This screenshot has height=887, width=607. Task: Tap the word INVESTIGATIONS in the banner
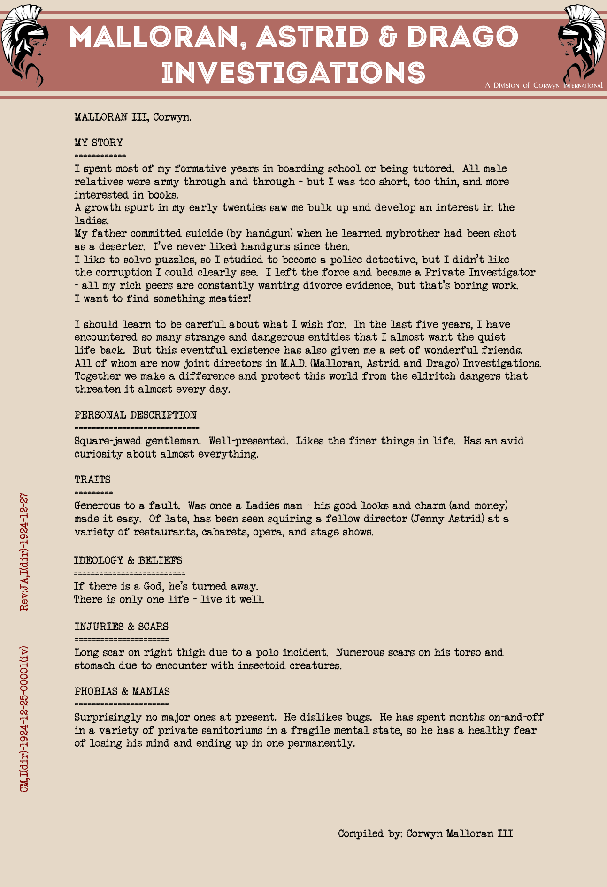coord(293,73)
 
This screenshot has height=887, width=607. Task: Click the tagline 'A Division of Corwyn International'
coord(544,85)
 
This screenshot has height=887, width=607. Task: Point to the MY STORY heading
coord(99,143)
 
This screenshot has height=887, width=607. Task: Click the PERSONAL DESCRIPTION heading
coord(135,415)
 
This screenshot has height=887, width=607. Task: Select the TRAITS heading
coord(92,480)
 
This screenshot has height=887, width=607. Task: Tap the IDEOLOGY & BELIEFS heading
coord(128,560)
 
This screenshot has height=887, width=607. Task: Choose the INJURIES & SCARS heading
coord(121,627)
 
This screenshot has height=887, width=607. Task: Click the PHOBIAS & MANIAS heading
coord(122,691)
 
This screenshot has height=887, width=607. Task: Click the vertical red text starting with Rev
coord(24,552)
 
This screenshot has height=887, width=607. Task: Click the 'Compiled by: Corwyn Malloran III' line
coord(425,833)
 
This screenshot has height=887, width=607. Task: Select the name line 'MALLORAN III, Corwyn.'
coord(133,117)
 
